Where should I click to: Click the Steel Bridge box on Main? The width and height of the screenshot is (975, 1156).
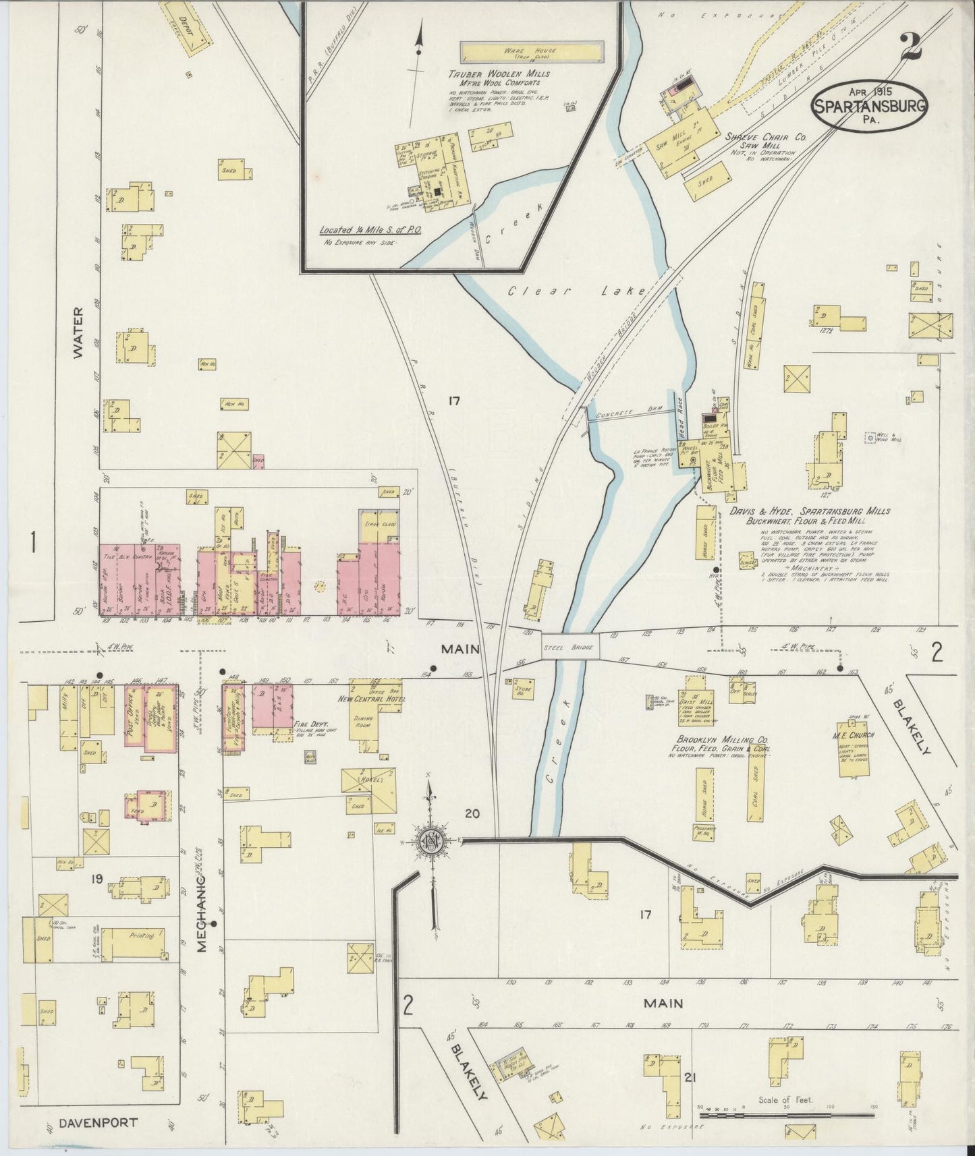pyautogui.click(x=571, y=647)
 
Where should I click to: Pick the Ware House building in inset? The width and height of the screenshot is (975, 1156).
pyautogui.click(x=531, y=51)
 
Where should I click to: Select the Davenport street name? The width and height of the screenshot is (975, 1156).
pyautogui.click(x=98, y=1123)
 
